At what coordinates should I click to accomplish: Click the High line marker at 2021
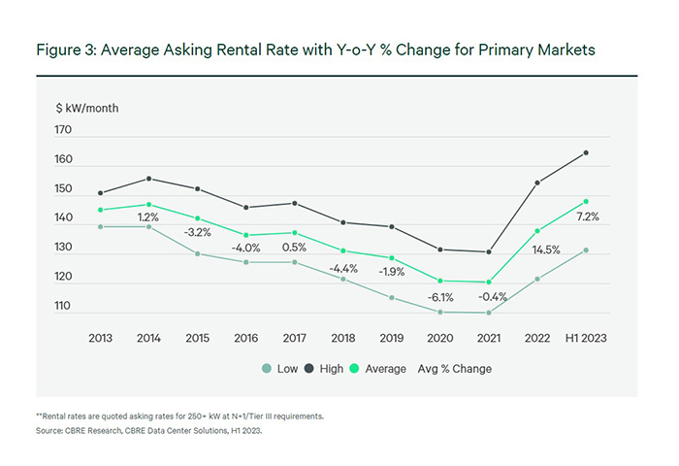pos(488,252)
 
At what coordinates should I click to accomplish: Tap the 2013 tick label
pos(101,338)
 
